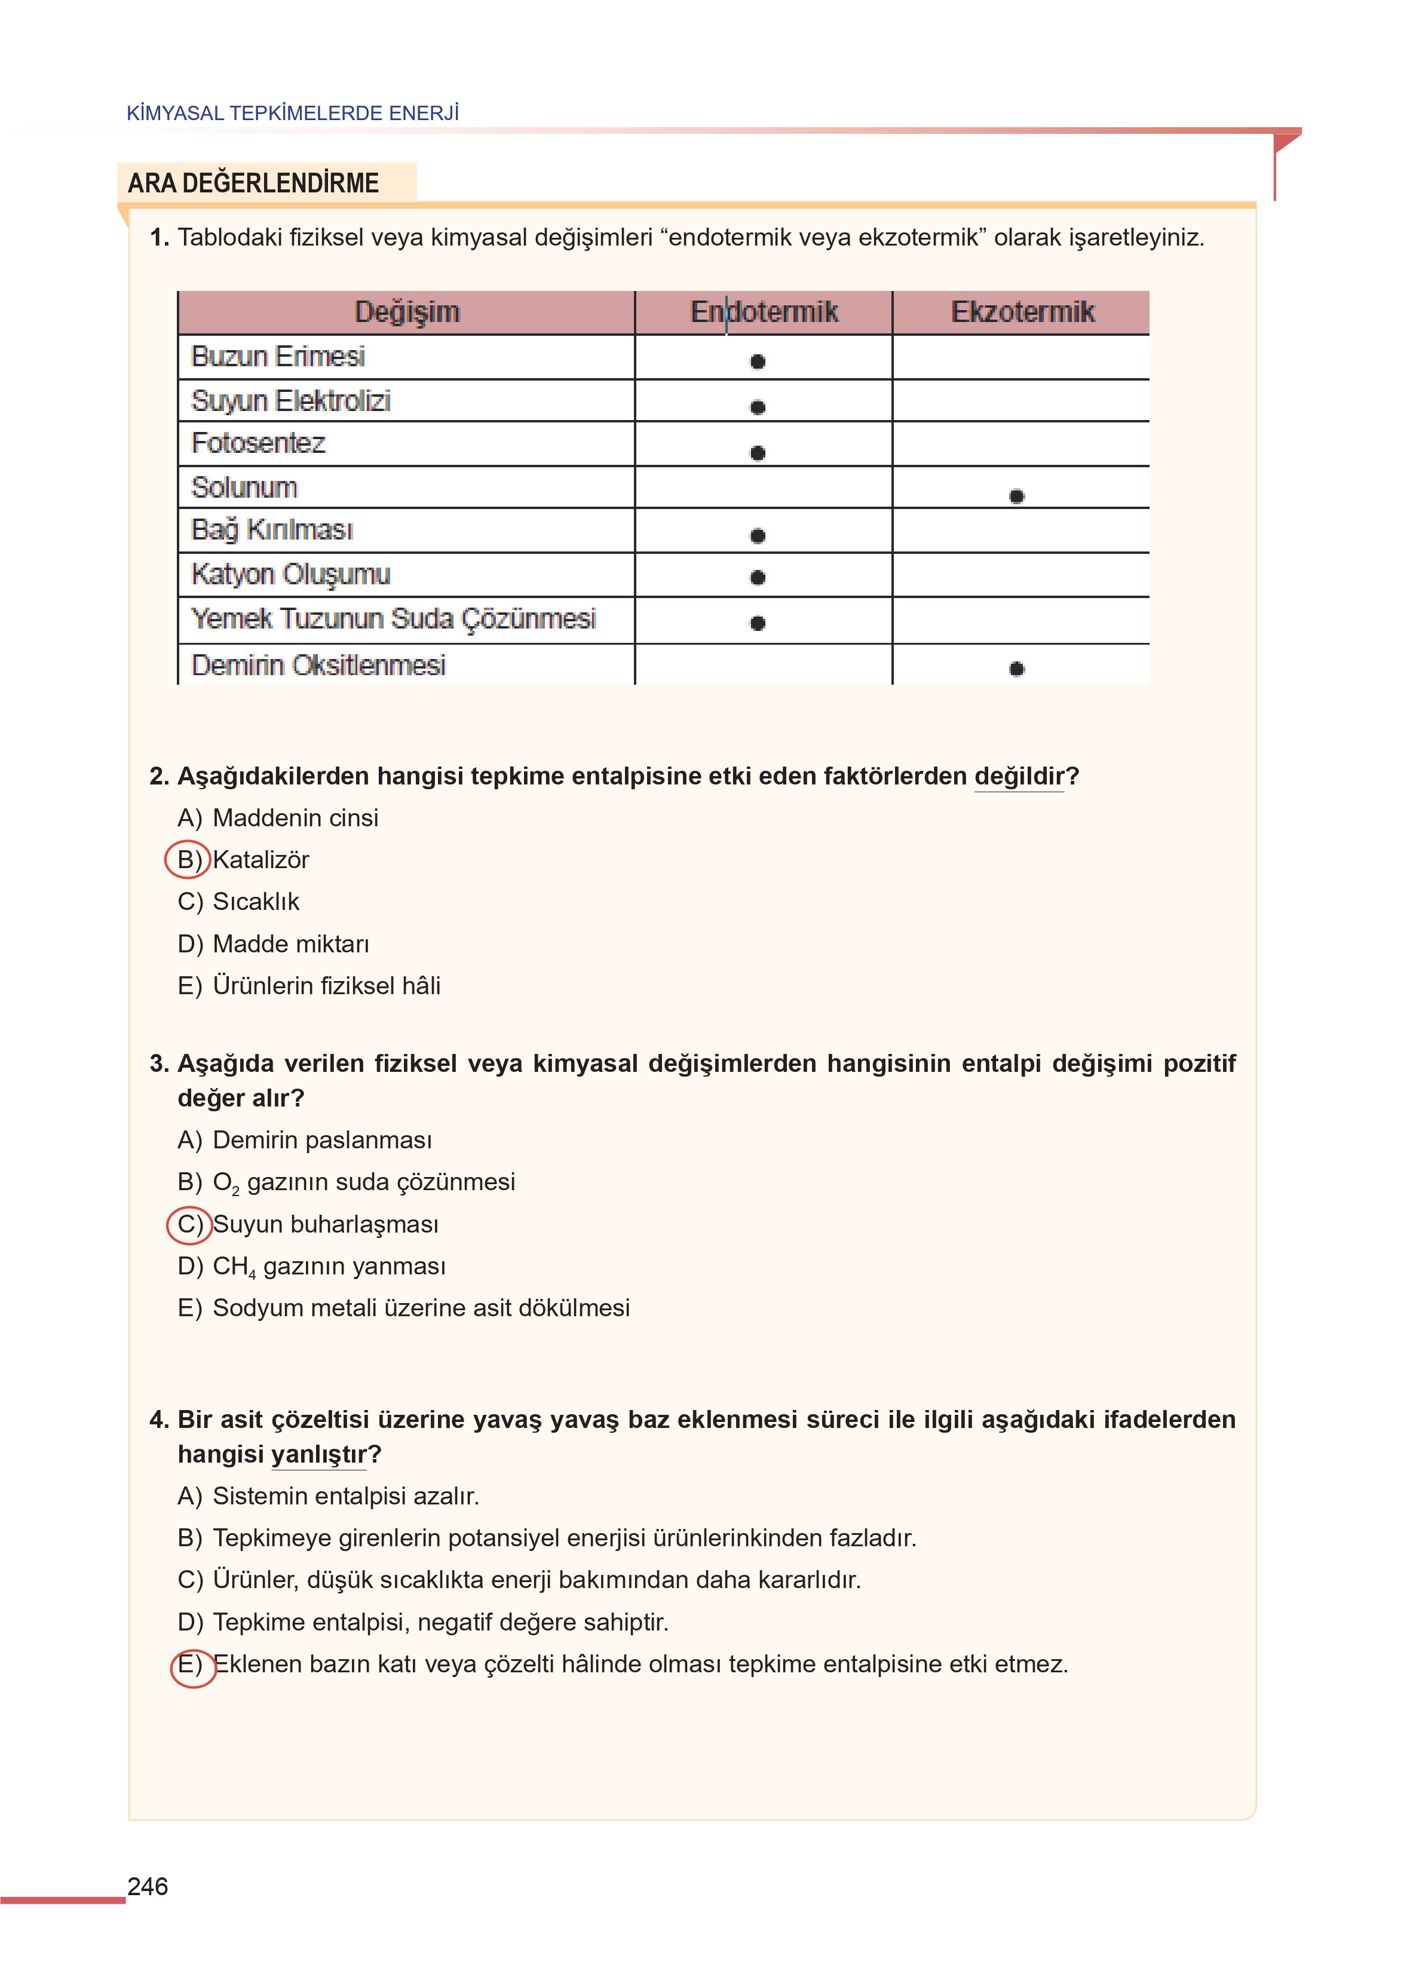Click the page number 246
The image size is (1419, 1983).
148,1886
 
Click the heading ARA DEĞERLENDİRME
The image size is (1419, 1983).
253,183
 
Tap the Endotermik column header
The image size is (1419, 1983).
764,312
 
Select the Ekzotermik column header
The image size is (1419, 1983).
1022,312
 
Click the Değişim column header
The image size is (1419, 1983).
406,312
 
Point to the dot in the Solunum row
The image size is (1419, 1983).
1016,496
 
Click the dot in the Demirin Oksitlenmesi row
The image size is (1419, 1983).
1016,669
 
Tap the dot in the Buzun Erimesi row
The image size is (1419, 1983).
758,361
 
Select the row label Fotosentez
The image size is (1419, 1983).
259,443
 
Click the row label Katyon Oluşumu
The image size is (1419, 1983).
291,574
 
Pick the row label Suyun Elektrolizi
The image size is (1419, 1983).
291,401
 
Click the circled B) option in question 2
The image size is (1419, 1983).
188,860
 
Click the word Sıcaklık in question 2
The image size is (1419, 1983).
256,902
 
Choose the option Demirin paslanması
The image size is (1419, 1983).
321,1140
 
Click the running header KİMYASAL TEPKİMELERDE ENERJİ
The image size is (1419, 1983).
293,113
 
